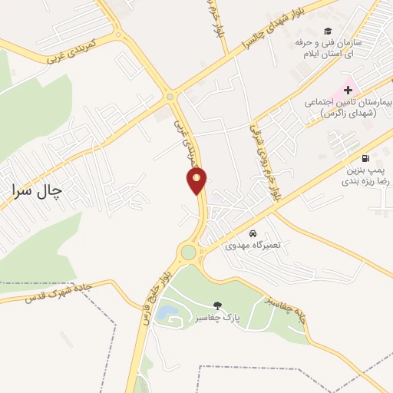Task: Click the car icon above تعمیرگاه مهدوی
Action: pyautogui.click(x=253, y=233)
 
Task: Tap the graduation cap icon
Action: pyautogui.click(x=329, y=31)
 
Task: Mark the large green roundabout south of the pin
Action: pyautogui.click(x=189, y=252)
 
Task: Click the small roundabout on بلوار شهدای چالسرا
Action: pyautogui.click(x=169, y=96)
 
